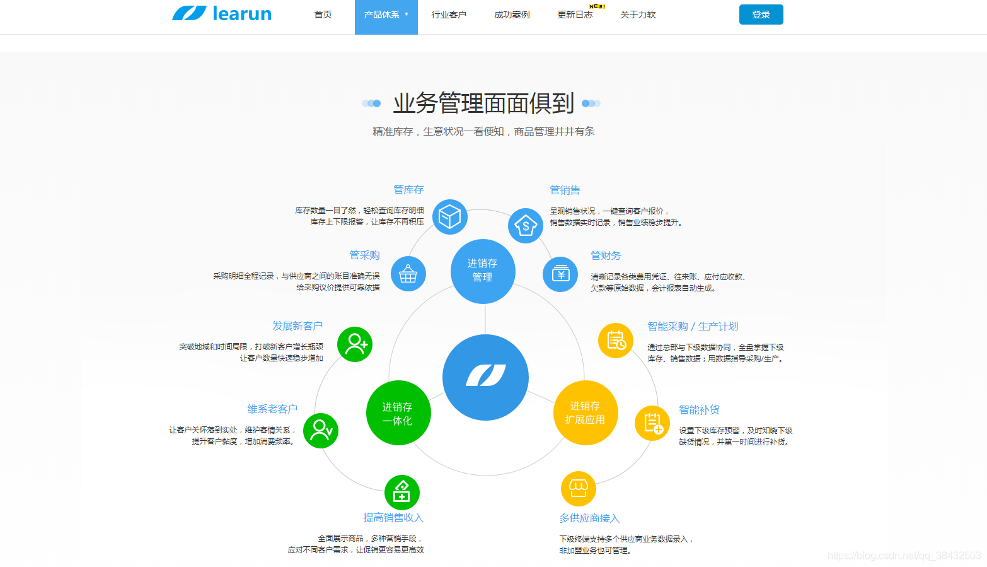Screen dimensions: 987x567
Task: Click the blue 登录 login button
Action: (x=761, y=15)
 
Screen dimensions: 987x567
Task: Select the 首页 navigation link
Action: (x=323, y=15)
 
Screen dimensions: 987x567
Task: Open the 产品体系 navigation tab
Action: (x=386, y=15)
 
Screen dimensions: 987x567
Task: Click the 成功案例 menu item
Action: (x=512, y=15)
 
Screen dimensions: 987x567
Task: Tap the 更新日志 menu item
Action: (x=575, y=15)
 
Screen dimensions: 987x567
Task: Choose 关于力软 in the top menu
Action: (x=638, y=15)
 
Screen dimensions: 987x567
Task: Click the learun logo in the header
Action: (x=222, y=13)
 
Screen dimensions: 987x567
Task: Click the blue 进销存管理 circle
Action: (x=483, y=271)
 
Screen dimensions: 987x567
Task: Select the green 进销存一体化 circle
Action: (x=398, y=413)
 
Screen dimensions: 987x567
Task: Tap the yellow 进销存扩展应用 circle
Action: (x=585, y=412)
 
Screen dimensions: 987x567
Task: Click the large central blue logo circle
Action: (x=485, y=377)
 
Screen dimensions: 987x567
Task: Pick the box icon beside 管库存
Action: (x=450, y=217)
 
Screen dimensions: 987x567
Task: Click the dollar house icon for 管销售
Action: (x=526, y=225)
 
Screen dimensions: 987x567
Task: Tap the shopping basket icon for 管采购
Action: (x=408, y=274)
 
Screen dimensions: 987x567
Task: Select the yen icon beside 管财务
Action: (x=560, y=274)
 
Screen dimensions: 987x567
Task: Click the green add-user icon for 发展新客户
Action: (x=355, y=344)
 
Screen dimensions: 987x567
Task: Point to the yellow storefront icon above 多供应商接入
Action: (x=578, y=488)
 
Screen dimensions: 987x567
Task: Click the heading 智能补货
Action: (x=699, y=409)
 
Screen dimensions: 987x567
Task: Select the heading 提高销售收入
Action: (x=393, y=517)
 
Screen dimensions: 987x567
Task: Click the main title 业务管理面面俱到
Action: (x=483, y=103)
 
